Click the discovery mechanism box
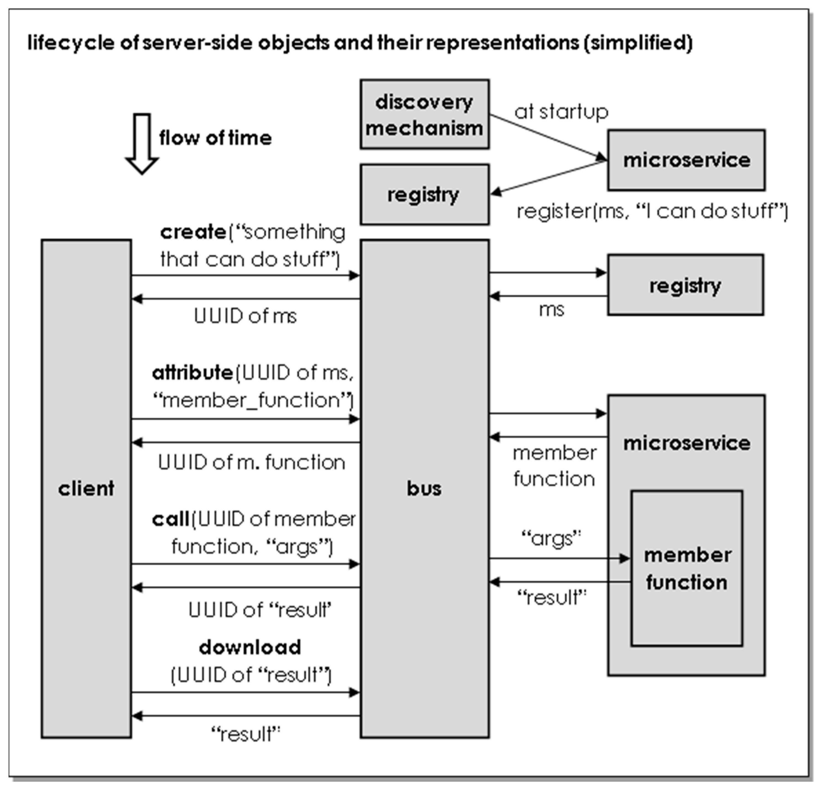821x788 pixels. click(424, 114)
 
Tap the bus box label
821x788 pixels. click(424, 489)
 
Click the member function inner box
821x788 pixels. click(687, 568)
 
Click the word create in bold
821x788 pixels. click(193, 232)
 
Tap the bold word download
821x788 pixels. click(250, 647)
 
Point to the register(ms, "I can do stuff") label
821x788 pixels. click(652, 211)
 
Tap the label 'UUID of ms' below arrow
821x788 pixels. click(245, 316)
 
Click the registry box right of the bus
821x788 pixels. click(685, 285)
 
